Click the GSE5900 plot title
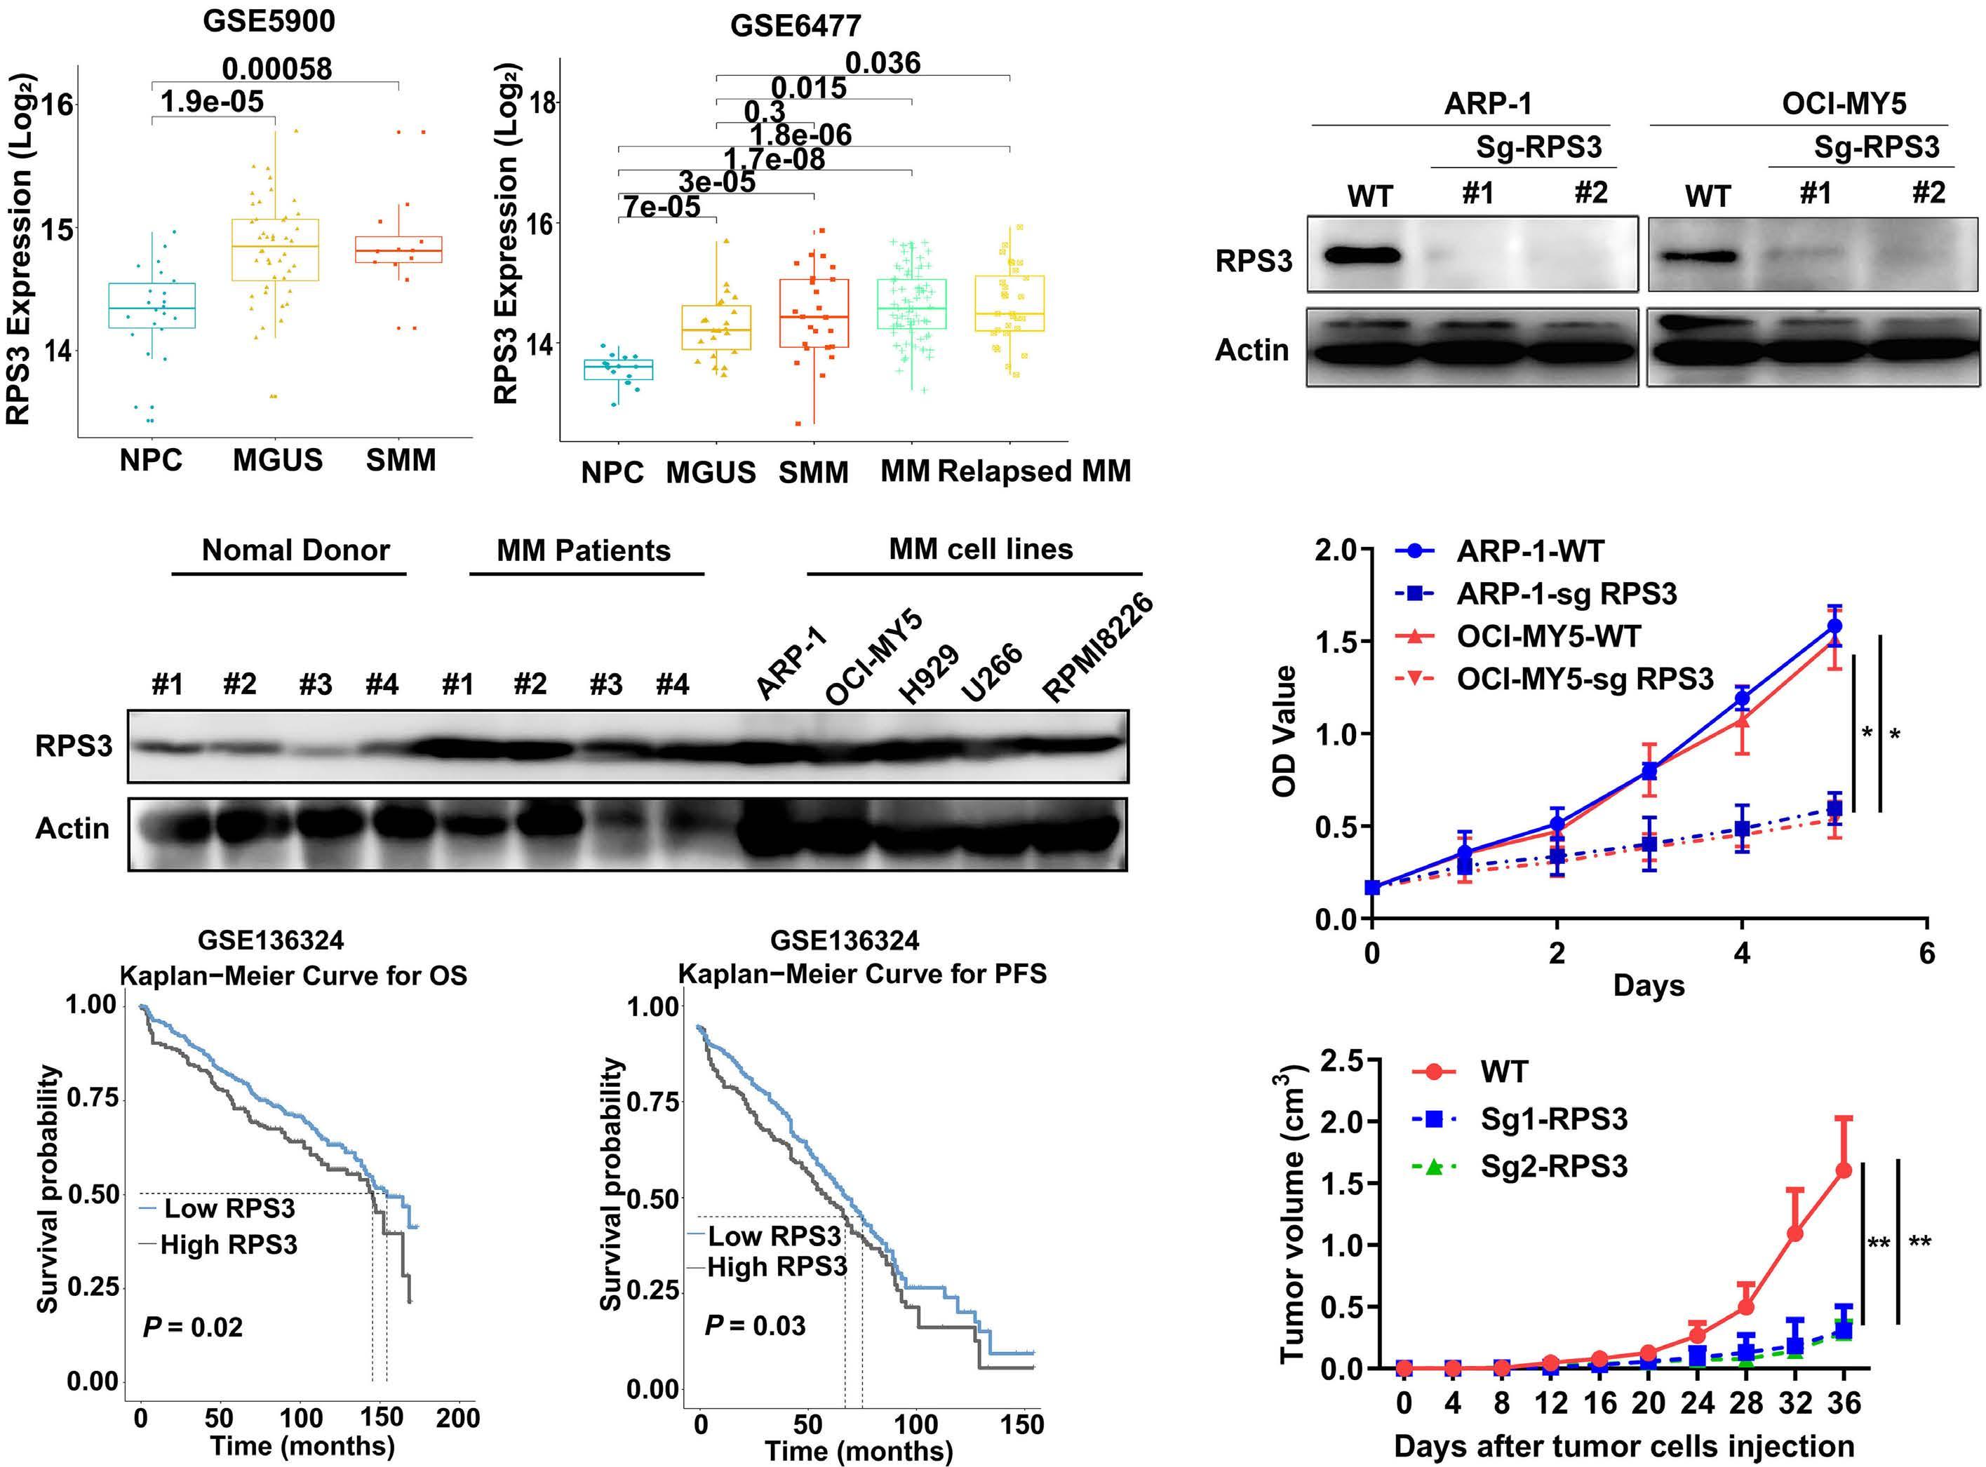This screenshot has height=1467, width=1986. click(x=269, y=21)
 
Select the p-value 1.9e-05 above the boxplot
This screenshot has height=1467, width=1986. click(x=213, y=102)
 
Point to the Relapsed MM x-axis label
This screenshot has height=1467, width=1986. click(x=1035, y=471)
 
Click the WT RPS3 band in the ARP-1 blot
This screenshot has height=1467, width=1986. click(x=1362, y=257)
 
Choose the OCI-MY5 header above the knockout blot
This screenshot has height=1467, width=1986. click(x=1844, y=104)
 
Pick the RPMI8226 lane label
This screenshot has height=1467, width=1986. click(x=1098, y=648)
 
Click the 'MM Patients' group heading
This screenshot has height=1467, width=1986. click(x=584, y=550)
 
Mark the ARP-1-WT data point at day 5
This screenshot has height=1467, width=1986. click(x=1834, y=627)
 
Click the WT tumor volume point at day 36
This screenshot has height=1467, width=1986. click(x=1843, y=1170)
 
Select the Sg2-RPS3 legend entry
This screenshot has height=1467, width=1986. click(x=1553, y=1166)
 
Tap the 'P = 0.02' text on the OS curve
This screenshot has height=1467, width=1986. click(x=193, y=1327)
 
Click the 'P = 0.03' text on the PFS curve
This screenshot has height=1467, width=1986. click(x=755, y=1326)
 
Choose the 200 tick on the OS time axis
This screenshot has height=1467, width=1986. click(x=458, y=1418)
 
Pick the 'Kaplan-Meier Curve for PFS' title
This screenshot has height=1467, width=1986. click(x=861, y=974)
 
